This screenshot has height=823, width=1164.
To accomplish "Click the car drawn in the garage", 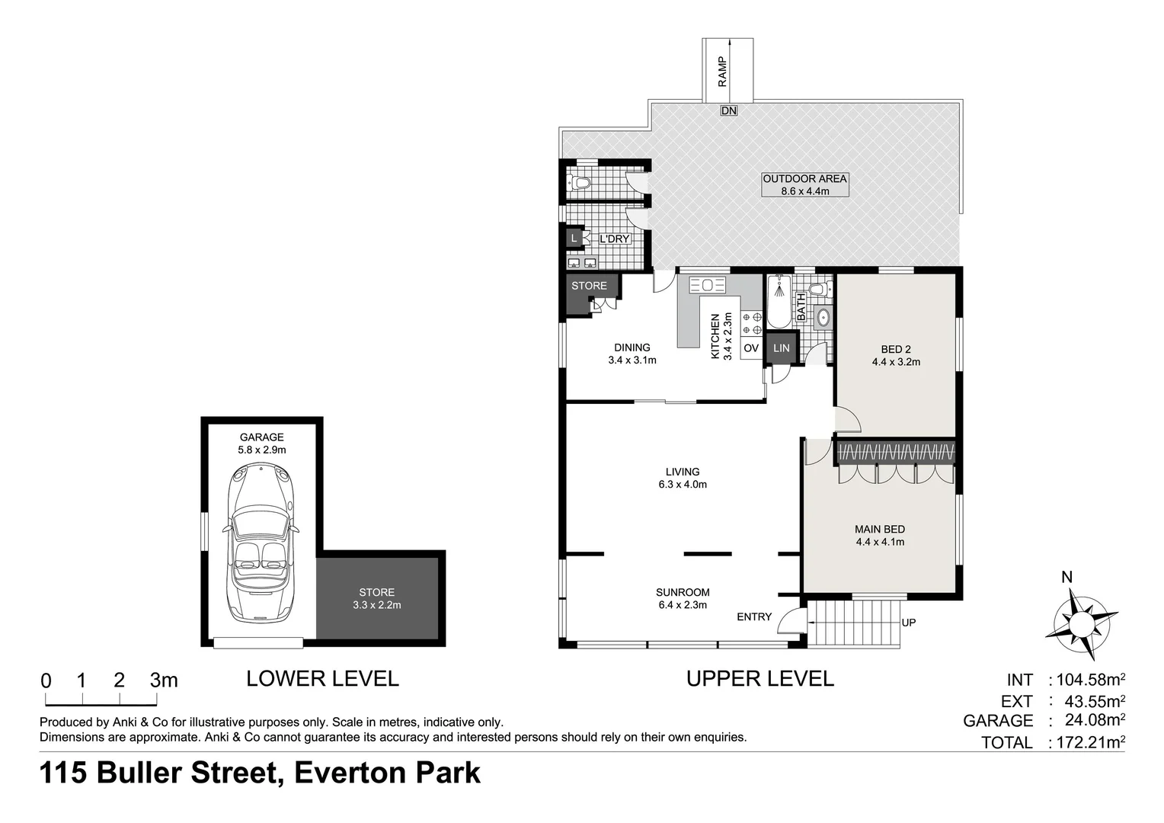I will click(261, 543).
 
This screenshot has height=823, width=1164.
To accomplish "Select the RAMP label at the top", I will click(722, 71).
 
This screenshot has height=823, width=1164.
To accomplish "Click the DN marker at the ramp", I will click(729, 110).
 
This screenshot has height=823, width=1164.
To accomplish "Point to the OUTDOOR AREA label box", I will click(804, 184).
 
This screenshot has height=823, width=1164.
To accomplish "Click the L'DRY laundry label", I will click(614, 239).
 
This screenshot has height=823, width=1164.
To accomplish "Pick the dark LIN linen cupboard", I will click(781, 348).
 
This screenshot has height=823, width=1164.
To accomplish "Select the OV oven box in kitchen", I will click(751, 348).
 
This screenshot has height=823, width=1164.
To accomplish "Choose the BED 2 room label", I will click(896, 355).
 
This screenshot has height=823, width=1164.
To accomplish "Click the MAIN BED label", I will click(880, 535).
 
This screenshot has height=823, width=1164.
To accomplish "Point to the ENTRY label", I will click(754, 616).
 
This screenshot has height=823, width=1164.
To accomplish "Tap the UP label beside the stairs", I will click(908, 623).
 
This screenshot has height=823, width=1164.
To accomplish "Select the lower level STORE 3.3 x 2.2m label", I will click(376, 598).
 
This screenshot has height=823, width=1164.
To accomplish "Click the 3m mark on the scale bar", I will click(163, 680).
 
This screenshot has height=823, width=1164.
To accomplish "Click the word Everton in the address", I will click(348, 773).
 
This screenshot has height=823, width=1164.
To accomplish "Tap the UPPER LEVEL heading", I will click(759, 678).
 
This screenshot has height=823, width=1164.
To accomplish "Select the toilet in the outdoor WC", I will click(580, 183).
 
